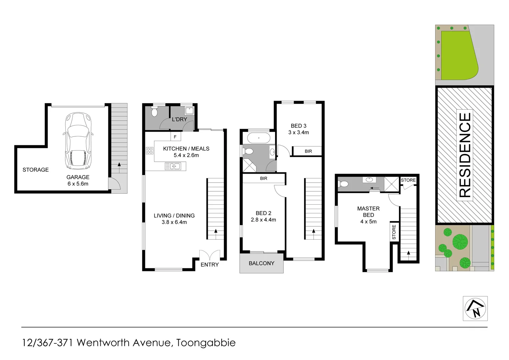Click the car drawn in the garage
(x=78, y=141)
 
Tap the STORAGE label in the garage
(x=36, y=170)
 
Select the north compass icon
(x=475, y=309)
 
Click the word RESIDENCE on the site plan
(x=465, y=155)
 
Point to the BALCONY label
(x=261, y=263)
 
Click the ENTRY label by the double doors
(x=210, y=265)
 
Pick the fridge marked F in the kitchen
(x=175, y=137)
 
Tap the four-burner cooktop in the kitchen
(x=150, y=151)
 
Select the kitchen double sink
(x=173, y=166)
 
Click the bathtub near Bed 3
(x=259, y=138)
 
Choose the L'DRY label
(x=179, y=119)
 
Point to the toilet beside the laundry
(x=154, y=112)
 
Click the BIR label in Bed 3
(x=308, y=151)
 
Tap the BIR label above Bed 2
(x=264, y=179)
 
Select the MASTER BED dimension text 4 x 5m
(x=368, y=222)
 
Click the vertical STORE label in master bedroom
(x=394, y=232)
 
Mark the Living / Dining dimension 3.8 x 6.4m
(x=174, y=222)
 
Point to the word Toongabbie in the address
(x=206, y=343)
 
